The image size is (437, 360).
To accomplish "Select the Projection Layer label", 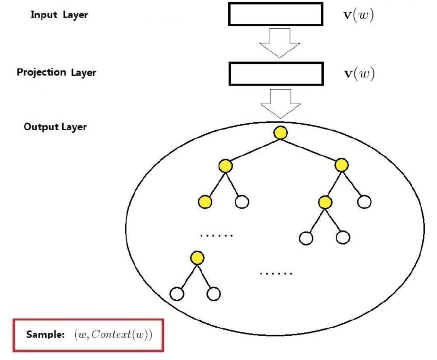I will (x=57, y=73).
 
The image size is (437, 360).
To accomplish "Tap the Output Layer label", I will (x=55, y=127).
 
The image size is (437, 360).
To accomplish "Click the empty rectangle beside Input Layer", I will (x=276, y=15).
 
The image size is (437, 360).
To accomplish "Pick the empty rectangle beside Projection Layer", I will (x=276, y=74).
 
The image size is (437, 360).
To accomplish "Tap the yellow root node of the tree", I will (x=280, y=132).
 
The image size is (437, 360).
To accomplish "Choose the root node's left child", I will (x=225, y=165).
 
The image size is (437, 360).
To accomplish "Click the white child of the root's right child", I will (x=364, y=201).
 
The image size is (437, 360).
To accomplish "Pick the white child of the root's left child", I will (x=242, y=201).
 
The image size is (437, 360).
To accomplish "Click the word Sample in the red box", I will (x=42, y=335).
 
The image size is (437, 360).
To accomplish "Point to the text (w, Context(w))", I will (x=112, y=335).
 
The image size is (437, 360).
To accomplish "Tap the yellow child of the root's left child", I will (x=205, y=202).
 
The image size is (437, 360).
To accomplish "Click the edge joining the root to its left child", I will (x=253, y=149).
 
